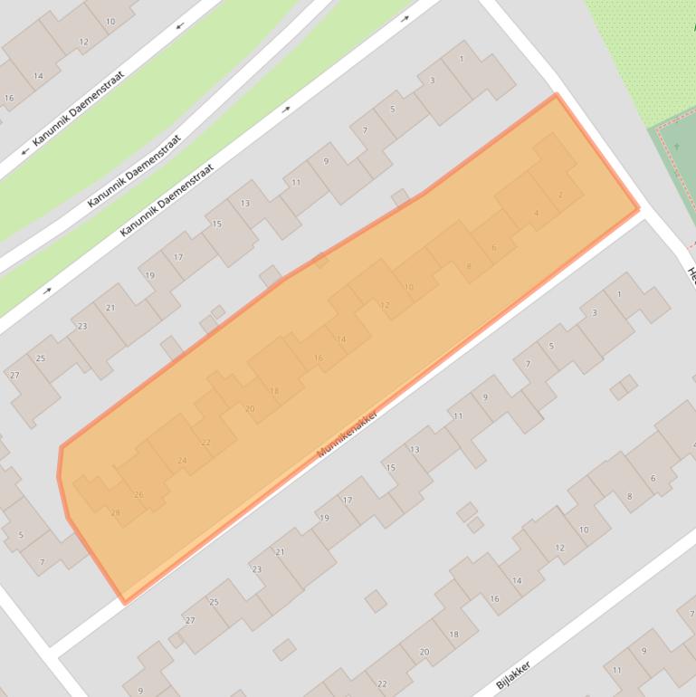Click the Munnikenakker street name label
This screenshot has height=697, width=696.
click(347, 431)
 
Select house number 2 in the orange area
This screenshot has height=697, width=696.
click(560, 196)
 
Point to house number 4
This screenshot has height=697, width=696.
click(537, 214)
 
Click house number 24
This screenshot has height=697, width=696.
click(182, 461)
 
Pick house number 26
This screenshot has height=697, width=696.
click(138, 494)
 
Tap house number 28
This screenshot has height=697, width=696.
click(115, 513)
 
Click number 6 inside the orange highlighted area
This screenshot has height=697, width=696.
click(493, 248)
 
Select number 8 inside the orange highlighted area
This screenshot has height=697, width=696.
click(469, 266)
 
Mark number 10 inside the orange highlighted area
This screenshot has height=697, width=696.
click(409, 287)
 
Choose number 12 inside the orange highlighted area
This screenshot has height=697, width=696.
click(384, 305)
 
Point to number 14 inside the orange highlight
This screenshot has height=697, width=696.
click(341, 339)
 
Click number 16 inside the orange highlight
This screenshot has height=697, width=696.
click(318, 358)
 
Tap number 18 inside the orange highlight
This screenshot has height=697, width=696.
click(274, 391)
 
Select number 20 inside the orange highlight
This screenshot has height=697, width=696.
click(250, 409)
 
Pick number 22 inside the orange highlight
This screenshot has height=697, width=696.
click(205, 443)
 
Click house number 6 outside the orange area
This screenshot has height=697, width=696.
click(653, 479)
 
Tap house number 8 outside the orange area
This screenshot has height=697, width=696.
click(630, 496)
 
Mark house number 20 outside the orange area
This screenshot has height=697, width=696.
click(424, 652)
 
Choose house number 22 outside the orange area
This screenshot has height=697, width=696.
click(382, 684)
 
